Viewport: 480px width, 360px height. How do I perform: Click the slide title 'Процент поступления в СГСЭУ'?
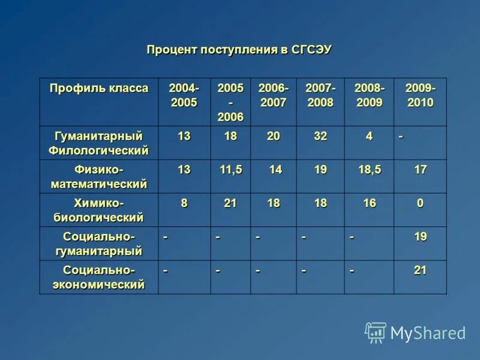239,50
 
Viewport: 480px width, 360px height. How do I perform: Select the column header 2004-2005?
184,95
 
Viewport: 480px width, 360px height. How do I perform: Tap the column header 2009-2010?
420,95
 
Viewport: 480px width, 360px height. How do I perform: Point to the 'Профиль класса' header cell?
99,89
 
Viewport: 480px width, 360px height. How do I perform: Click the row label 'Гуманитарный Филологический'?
99,143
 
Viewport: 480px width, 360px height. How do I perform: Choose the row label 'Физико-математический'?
99,176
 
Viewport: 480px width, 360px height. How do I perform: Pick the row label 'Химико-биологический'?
99,210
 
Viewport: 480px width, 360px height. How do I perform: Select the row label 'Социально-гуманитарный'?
99,244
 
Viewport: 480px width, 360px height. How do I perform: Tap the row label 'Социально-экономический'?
99,277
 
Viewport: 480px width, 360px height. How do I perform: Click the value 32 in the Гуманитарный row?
320,136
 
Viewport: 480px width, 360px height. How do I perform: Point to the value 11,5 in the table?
231,170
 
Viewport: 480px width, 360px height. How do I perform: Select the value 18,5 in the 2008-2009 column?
369,170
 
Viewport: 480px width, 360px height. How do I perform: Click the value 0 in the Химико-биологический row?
420,203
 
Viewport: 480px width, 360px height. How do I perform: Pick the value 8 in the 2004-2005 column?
184,203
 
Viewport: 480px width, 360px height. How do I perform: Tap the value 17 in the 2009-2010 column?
420,170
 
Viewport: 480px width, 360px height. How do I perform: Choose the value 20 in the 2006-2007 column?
274,136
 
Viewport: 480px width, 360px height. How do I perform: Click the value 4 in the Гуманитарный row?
369,136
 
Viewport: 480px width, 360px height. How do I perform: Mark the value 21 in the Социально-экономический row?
420,271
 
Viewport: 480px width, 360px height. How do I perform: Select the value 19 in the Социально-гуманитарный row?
420,237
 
